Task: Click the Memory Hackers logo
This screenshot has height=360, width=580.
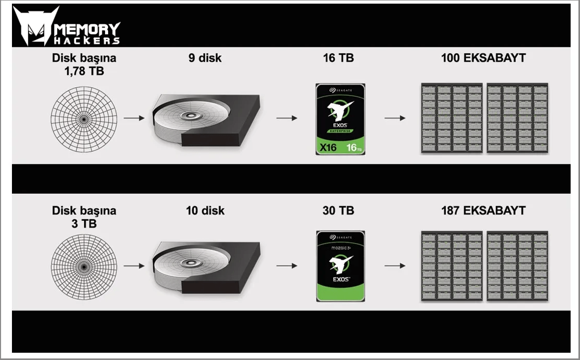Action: [67, 26]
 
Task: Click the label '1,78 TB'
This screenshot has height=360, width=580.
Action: [84, 71]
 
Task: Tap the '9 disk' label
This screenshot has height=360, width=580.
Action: [205, 58]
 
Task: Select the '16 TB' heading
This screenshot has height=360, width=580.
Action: [338, 58]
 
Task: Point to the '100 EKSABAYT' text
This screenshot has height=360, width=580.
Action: [483, 58]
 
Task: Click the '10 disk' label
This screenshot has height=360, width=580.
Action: [205, 211]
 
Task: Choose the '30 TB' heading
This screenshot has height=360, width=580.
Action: [338, 211]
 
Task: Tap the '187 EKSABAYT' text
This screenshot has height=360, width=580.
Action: [483, 211]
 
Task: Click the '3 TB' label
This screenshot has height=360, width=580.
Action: [84, 223]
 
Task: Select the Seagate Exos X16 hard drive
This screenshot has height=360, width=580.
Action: [340, 119]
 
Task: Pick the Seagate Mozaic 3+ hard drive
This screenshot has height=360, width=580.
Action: [341, 266]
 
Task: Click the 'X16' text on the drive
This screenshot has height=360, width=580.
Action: [328, 148]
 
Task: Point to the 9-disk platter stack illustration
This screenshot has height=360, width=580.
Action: [206, 120]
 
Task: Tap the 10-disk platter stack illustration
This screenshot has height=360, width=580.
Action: [206, 268]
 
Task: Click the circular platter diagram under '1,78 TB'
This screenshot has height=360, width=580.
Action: [84, 119]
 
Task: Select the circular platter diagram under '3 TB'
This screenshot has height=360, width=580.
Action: [84, 267]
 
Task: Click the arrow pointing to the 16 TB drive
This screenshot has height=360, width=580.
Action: [287, 118]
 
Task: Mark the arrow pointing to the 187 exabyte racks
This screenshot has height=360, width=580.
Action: [395, 266]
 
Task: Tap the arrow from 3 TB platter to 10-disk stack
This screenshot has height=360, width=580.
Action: [134, 266]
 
